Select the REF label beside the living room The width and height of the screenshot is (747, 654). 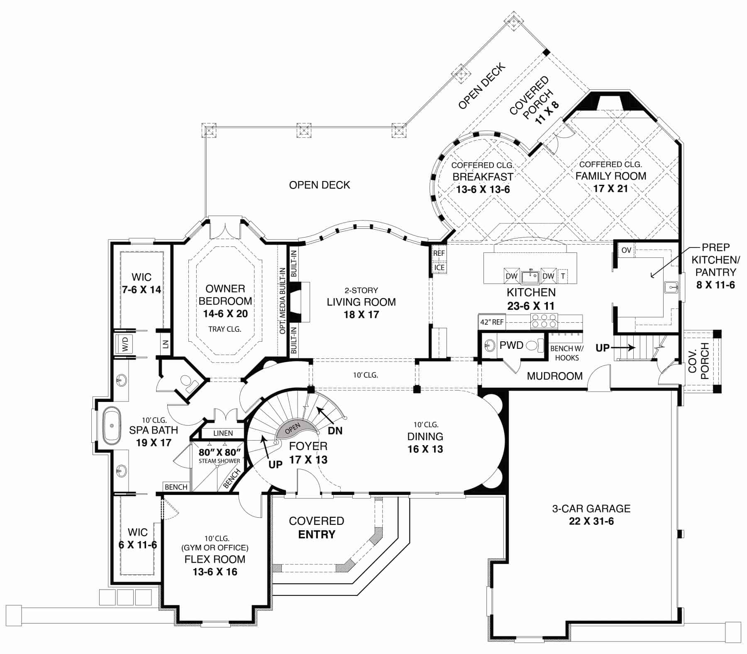click(x=439, y=253)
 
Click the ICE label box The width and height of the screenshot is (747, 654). click(x=439, y=268)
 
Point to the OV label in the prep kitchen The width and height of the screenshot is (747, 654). click(x=626, y=250)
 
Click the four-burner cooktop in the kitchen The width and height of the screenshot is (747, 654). click(x=544, y=321)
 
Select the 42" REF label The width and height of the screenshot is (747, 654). click(x=492, y=322)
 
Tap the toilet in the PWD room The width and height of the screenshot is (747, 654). click(x=534, y=345)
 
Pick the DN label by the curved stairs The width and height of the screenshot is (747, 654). click(x=335, y=431)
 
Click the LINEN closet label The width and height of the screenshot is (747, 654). click(x=223, y=434)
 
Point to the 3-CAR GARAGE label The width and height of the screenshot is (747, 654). click(x=591, y=509)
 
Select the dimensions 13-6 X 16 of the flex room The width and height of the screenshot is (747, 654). click(x=215, y=572)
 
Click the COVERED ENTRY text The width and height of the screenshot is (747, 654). click(x=316, y=528)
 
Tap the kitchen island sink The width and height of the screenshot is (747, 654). click(x=530, y=276)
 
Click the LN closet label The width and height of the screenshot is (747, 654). click(x=165, y=344)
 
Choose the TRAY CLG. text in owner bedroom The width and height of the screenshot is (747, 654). click(x=225, y=329)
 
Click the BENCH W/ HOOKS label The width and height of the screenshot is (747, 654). click(x=566, y=353)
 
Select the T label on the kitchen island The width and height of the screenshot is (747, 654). click(x=563, y=276)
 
